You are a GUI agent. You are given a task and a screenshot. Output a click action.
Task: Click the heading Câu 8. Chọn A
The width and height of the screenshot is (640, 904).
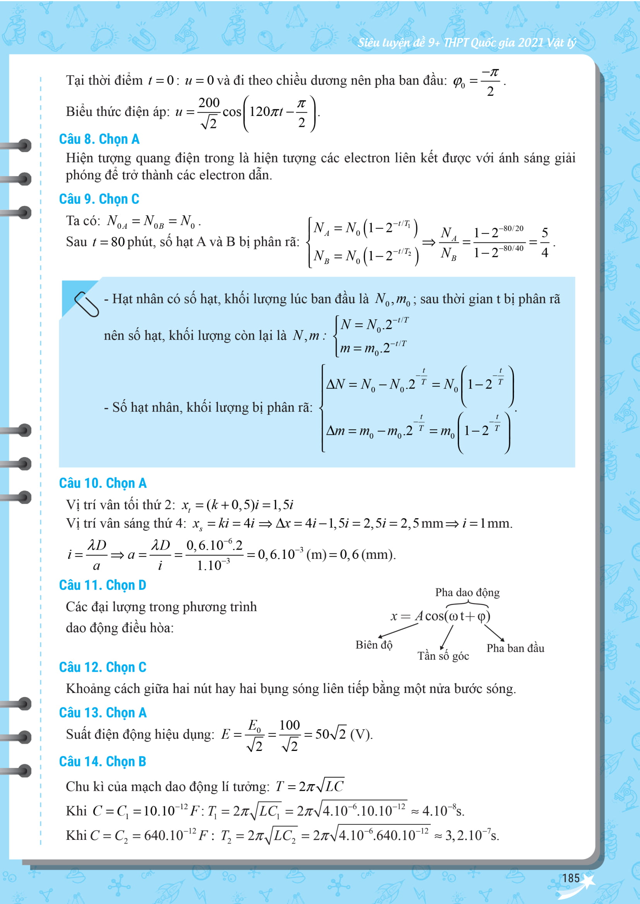[x=99, y=139]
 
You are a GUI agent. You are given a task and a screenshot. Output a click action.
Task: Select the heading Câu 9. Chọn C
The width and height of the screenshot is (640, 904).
[x=99, y=199]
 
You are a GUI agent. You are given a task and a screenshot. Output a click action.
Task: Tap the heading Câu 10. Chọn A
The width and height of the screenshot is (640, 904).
[x=103, y=483]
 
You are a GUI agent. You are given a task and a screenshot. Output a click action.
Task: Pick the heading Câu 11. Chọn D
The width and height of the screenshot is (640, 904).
[x=103, y=585]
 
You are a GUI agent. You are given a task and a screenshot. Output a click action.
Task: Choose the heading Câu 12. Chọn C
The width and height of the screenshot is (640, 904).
[x=103, y=667]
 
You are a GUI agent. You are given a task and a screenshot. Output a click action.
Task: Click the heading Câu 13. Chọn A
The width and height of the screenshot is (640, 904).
[x=103, y=713]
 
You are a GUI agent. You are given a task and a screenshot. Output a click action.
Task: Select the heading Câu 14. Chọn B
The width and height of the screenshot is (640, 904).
[x=103, y=761]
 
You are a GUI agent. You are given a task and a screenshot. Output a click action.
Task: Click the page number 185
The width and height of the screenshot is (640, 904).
[x=571, y=878]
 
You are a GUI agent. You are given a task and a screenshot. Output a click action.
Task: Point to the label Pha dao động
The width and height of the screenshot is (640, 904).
[x=467, y=592]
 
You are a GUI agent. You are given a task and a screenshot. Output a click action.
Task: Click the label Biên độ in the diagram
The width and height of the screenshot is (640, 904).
[x=374, y=645]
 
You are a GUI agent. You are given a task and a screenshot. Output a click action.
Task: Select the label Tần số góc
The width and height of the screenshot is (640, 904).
[x=443, y=656]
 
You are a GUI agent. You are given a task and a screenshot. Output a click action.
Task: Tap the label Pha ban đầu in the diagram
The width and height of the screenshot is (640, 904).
[x=515, y=648]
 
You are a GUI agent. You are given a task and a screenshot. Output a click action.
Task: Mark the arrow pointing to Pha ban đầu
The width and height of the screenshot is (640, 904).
[x=494, y=633]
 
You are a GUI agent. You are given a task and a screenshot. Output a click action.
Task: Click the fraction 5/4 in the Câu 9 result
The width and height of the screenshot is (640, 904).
[x=545, y=243]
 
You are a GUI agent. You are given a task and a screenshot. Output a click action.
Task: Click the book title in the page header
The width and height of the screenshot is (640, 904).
[x=467, y=43]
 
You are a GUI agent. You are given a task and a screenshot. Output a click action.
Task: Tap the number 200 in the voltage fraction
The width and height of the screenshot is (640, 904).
[x=209, y=102]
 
